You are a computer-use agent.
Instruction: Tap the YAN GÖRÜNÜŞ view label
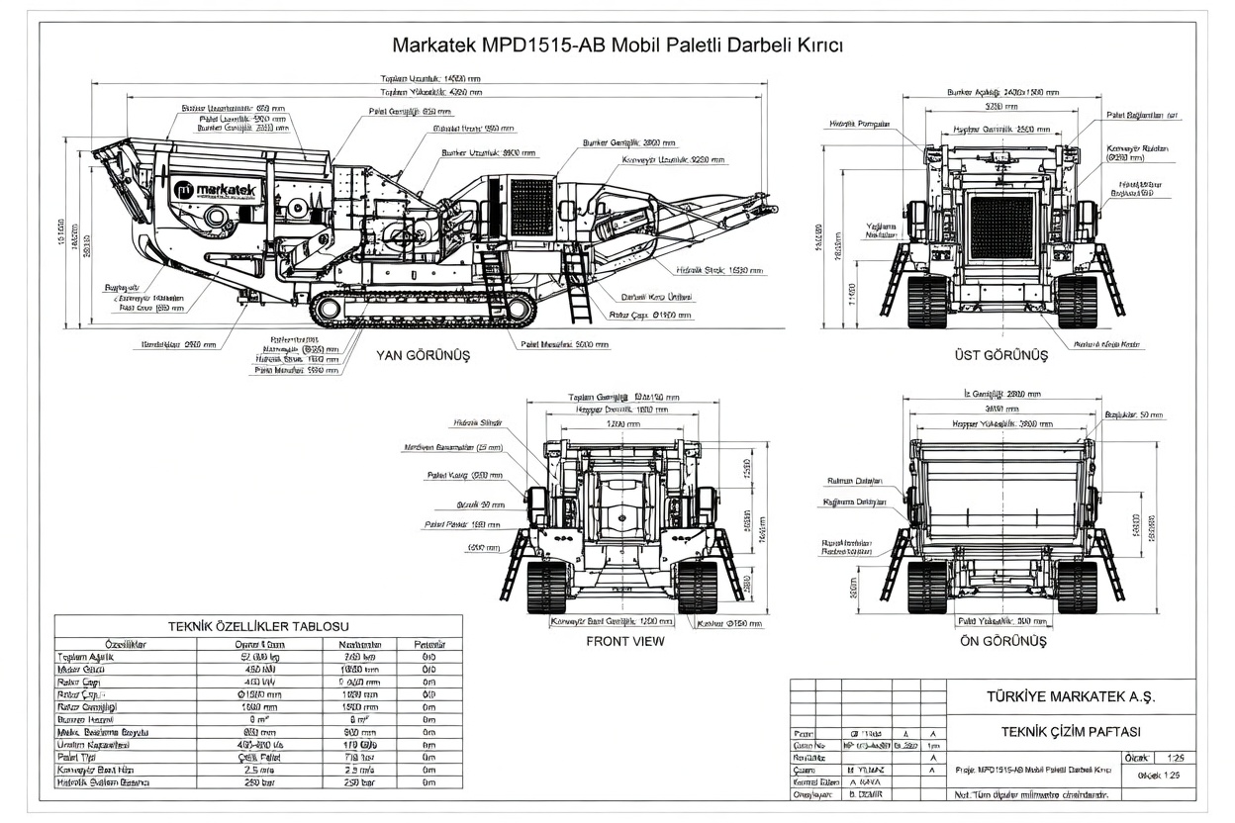(423, 355)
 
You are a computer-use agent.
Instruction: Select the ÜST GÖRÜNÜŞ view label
(1000, 355)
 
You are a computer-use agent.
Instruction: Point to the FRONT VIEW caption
(625, 641)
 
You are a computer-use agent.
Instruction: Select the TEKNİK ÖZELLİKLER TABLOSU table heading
(258, 625)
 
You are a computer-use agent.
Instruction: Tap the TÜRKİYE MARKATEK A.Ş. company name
(1071, 695)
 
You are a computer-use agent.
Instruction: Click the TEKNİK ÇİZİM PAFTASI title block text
(1071, 731)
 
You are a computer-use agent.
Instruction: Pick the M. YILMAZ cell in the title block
(866, 769)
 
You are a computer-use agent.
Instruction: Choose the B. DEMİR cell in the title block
(865, 793)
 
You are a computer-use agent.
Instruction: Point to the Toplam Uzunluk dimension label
(430, 78)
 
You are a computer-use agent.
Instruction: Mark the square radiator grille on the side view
(530, 207)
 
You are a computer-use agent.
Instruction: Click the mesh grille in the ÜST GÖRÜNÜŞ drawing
(1001, 227)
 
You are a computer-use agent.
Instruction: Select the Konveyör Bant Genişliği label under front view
(604, 622)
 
